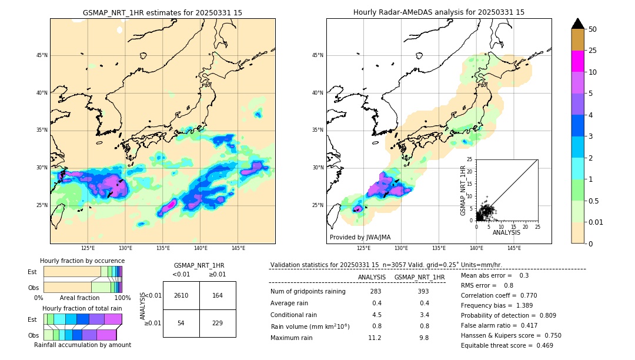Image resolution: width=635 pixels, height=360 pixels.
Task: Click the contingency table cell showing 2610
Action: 181,295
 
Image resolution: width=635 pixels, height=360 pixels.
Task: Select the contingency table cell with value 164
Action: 218,295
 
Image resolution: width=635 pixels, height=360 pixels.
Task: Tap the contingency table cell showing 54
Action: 181,324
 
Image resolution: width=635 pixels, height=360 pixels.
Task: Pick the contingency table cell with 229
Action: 218,324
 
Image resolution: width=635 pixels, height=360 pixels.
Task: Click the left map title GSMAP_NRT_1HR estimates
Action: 162,12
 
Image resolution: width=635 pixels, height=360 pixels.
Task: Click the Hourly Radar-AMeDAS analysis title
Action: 439,12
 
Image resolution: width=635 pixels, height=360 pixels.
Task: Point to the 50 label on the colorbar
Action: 593,29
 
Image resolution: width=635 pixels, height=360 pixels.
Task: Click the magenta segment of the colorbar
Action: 578,61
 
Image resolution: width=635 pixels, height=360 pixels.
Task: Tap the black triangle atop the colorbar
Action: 578,24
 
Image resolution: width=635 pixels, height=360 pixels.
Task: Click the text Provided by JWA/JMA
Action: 360,237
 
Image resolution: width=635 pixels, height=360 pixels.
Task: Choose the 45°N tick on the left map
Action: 42,55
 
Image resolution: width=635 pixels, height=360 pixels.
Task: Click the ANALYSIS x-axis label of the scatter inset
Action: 507,232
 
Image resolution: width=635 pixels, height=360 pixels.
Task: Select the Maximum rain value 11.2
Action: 375,338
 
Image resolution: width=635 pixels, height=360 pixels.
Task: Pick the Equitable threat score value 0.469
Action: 541,345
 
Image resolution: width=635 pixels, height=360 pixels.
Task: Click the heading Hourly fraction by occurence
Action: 82,261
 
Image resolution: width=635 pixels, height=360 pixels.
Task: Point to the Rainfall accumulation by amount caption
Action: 82,345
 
